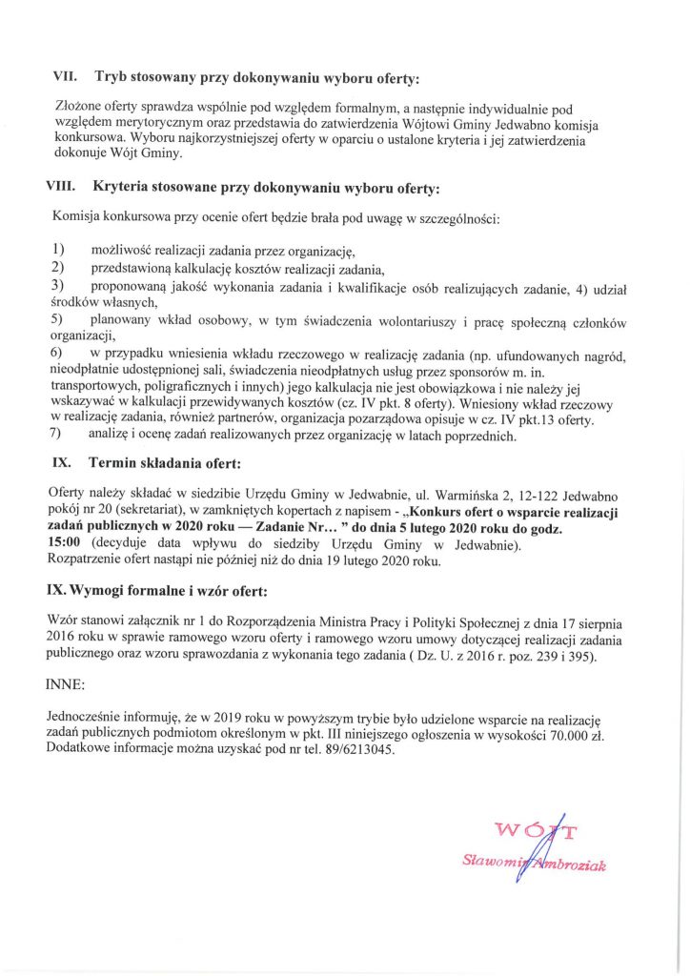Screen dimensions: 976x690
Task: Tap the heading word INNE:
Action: click(x=64, y=684)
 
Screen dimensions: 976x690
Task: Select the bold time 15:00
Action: click(x=64, y=545)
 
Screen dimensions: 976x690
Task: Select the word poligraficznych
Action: click(x=174, y=389)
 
